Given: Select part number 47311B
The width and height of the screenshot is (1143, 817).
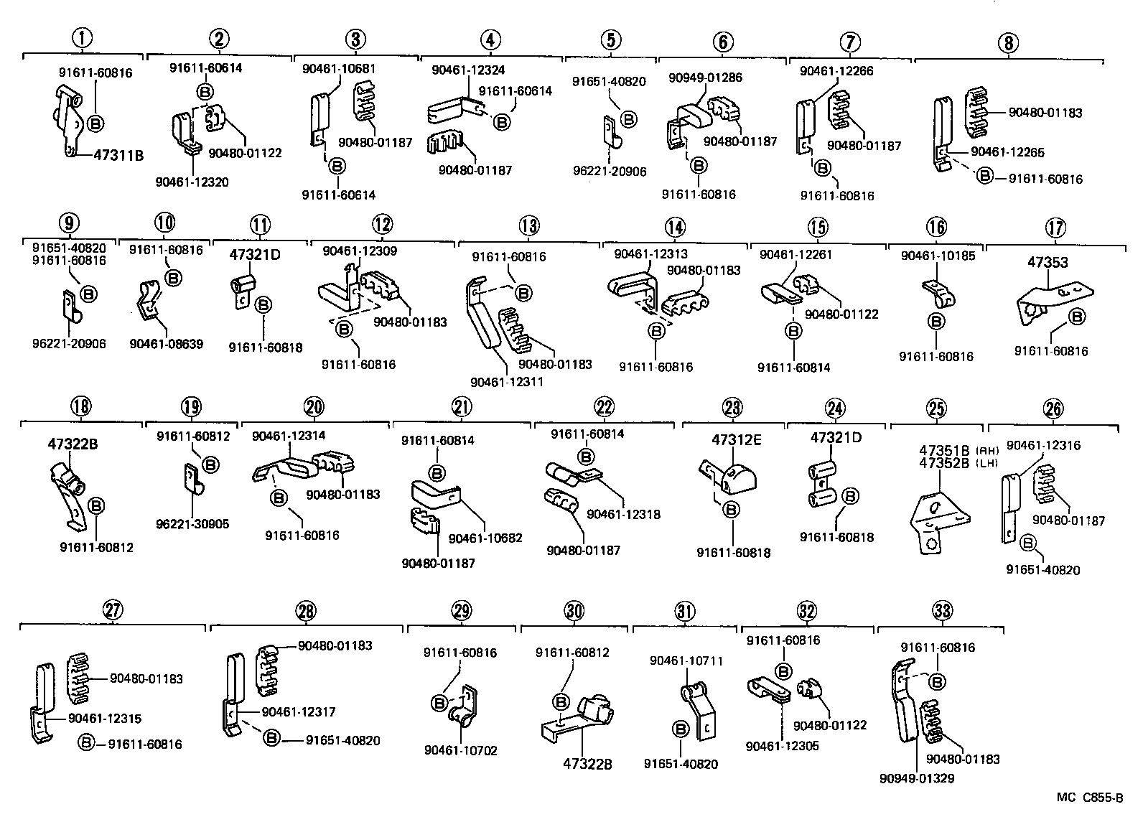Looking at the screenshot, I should (x=118, y=154).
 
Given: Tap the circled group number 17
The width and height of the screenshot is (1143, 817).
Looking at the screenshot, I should (x=1055, y=228).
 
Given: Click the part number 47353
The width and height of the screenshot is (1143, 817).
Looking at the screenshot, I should (x=1048, y=263).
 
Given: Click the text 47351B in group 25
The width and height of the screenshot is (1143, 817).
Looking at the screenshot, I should (x=943, y=451).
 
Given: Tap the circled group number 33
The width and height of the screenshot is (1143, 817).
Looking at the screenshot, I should (x=942, y=611).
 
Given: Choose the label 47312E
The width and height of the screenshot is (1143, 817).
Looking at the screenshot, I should (x=737, y=440).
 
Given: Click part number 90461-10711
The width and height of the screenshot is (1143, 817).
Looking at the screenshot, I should (x=686, y=660).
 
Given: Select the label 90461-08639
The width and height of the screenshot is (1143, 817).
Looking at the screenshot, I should (x=167, y=344).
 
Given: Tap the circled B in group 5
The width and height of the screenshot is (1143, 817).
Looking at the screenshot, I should (x=628, y=119).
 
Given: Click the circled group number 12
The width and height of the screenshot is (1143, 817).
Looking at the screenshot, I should (x=383, y=224).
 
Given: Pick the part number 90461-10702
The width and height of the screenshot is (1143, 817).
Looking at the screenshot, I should (x=460, y=751).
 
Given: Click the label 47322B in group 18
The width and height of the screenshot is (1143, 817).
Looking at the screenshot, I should (x=73, y=444).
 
